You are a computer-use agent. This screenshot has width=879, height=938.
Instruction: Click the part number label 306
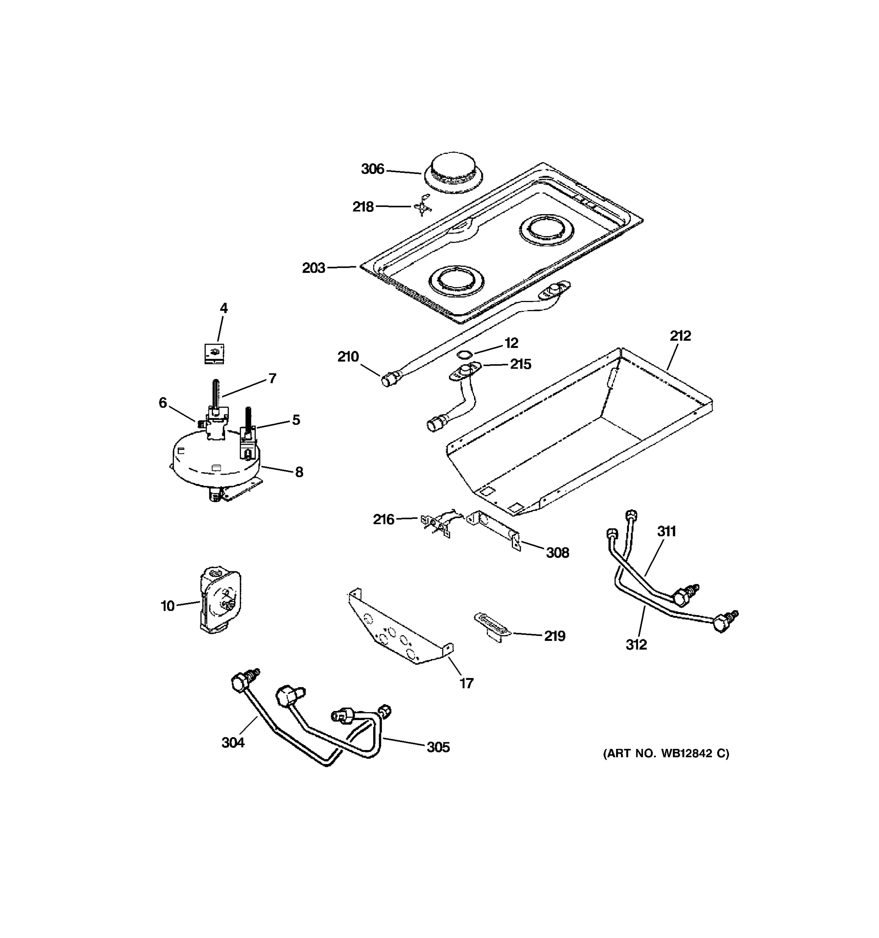(x=373, y=169)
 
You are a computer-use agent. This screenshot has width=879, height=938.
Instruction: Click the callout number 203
(x=314, y=268)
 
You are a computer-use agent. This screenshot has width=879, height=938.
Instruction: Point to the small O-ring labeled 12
(x=465, y=354)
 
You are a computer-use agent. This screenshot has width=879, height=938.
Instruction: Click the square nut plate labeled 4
(x=214, y=353)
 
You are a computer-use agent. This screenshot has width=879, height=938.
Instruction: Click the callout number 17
(x=466, y=683)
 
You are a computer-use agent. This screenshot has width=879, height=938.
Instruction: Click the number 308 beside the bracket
(x=557, y=553)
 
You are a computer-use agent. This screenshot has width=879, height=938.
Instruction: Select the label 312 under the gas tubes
(x=636, y=644)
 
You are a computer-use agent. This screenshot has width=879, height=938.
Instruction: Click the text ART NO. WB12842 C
(x=666, y=754)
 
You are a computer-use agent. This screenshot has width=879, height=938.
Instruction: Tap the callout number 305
(x=438, y=747)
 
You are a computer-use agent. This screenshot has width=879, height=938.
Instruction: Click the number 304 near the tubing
(x=233, y=743)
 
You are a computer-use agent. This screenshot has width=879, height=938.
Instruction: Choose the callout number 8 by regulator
(x=299, y=472)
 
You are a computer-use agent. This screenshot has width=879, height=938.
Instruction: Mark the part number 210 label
(x=348, y=357)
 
